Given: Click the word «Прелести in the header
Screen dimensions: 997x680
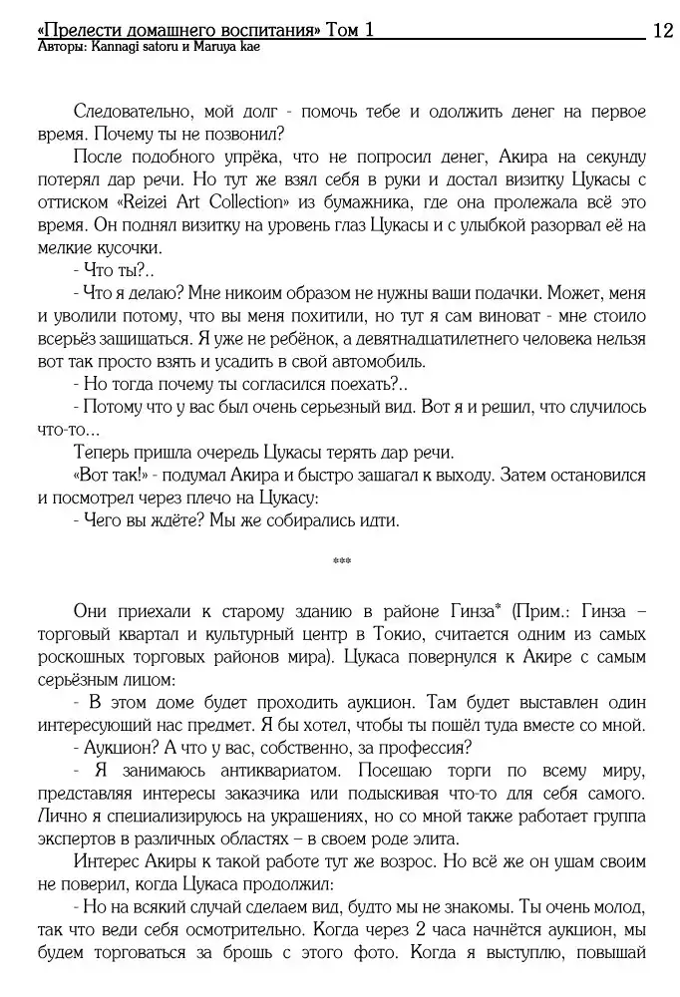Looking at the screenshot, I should coord(74,31).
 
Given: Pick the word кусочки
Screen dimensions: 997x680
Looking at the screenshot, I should coord(126,248).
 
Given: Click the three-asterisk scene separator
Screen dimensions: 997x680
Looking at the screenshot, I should coord(342,561).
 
